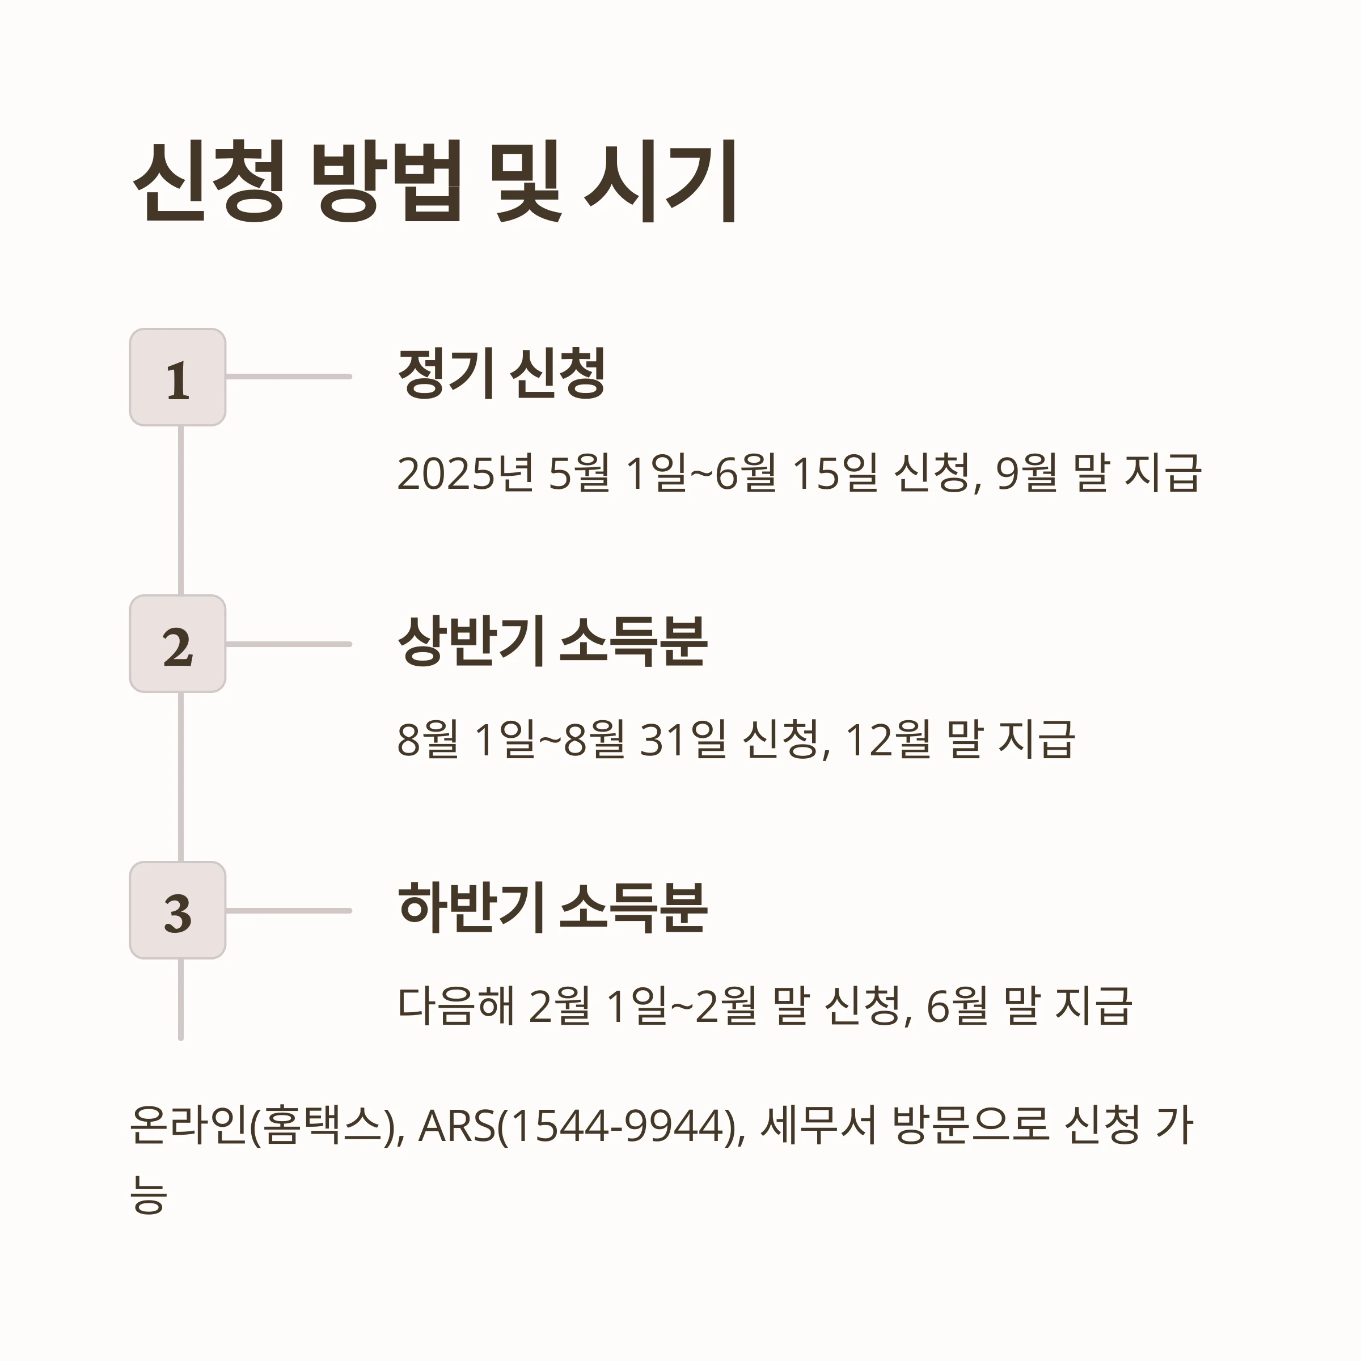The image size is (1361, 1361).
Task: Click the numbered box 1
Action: tap(177, 377)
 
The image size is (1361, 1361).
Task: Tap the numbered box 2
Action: tap(177, 644)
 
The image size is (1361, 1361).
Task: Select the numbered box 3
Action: tap(177, 910)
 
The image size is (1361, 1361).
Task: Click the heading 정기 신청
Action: tap(501, 373)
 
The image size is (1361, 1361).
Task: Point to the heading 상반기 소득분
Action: tap(552, 641)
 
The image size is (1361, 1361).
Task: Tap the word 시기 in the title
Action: tap(661, 181)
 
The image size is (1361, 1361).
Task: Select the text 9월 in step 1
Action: tap(1026, 474)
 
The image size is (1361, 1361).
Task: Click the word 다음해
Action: tap(456, 1006)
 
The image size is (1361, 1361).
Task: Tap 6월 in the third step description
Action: tap(957, 1006)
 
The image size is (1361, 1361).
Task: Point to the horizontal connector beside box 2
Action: tap(289, 644)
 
